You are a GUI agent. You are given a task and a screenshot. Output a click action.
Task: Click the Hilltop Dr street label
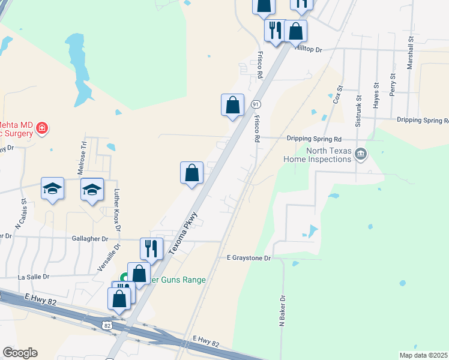point(309,49)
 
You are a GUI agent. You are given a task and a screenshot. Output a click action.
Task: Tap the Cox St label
point(338,95)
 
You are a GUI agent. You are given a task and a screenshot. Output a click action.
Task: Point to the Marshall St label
point(411,53)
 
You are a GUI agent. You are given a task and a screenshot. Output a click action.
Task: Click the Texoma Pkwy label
point(184,232)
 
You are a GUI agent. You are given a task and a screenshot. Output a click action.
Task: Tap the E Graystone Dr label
point(249,258)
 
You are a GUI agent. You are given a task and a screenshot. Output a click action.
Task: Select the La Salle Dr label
point(34,277)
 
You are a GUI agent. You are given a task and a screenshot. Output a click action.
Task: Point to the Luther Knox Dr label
point(117,210)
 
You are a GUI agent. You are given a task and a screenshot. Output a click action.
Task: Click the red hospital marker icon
point(41,127)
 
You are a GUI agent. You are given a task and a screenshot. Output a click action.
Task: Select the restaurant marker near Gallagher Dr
point(151,248)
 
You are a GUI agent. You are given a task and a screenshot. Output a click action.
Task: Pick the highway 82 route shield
point(107,325)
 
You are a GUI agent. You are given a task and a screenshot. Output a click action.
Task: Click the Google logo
point(20,353)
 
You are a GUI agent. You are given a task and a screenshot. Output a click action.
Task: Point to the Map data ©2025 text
point(423,355)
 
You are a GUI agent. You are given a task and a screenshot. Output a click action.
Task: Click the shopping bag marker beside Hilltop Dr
point(295,31)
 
